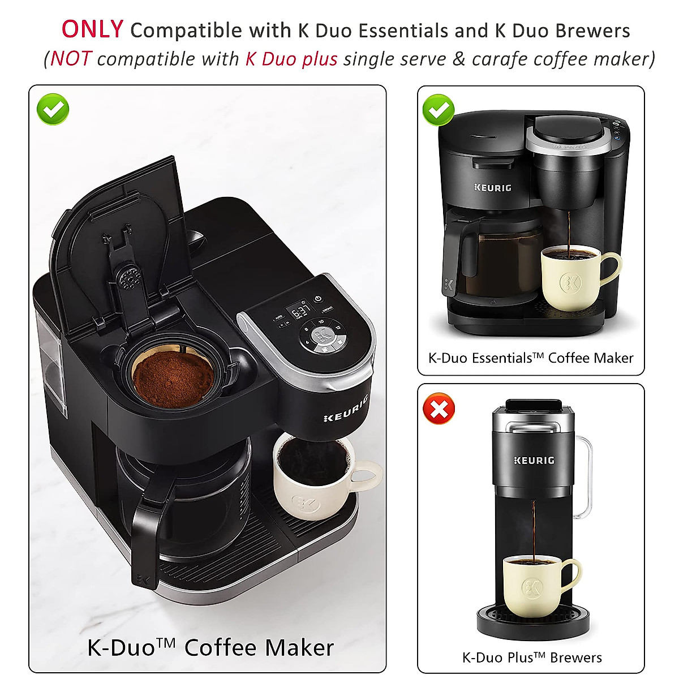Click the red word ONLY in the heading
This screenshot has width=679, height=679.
[x=92, y=29]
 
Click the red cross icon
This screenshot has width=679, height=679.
[x=439, y=409]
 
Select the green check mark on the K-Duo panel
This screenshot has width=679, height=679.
[x=53, y=109]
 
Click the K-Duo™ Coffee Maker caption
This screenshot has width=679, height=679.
[x=210, y=647]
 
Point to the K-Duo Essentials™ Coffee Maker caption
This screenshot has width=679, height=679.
[x=531, y=358]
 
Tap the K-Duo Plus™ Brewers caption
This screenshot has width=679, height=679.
[x=532, y=657]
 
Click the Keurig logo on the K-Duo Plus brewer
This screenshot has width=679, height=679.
[x=534, y=461]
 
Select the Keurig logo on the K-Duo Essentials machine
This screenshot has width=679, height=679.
[x=492, y=187]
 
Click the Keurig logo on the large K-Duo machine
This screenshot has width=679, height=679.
[x=346, y=410]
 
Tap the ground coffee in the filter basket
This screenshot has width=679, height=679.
[x=173, y=378]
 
